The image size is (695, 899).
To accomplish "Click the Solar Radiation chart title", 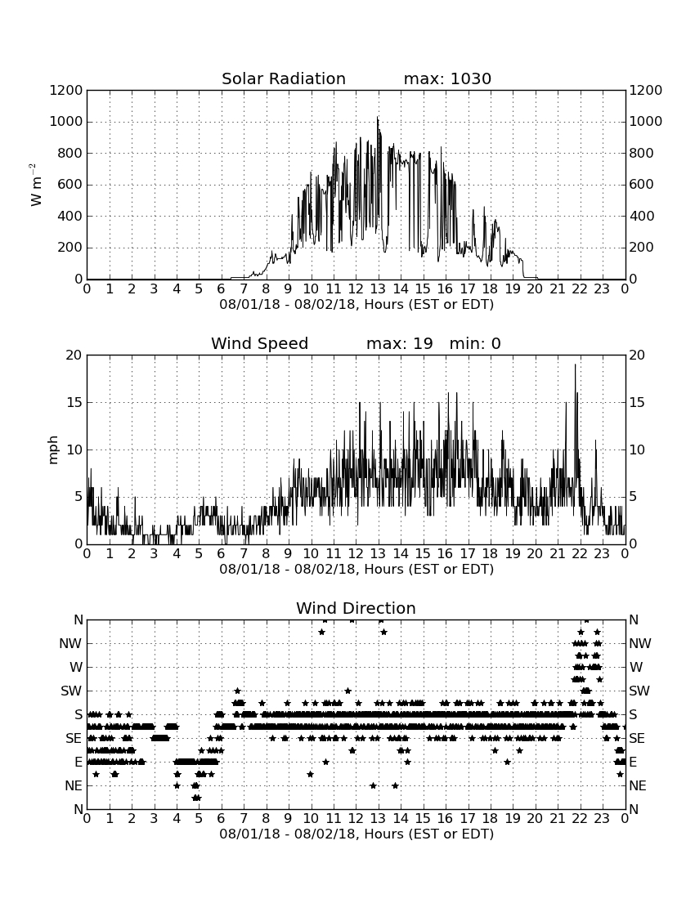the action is (x=283, y=78).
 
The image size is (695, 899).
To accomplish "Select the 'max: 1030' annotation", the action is (x=447, y=78).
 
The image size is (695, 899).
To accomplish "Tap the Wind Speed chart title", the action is (x=259, y=343).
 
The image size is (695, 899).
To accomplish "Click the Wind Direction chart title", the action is (x=356, y=608).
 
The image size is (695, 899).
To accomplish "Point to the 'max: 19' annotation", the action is (x=399, y=343).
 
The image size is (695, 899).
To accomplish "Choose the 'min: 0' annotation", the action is (x=475, y=343).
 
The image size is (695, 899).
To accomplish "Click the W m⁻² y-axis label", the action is (x=35, y=185).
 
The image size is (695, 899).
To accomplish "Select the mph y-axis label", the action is (x=53, y=450).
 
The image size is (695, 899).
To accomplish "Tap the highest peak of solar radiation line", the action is (x=377, y=117).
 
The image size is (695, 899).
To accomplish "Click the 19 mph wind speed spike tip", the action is (x=575, y=365).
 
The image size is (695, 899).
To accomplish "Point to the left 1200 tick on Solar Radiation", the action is (x=66, y=90).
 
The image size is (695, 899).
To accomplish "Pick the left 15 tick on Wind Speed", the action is (x=74, y=402).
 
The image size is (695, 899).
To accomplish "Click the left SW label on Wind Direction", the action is (x=71, y=691).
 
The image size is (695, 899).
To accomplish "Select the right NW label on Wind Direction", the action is (x=640, y=644).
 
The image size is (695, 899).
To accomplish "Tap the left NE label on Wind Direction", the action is (x=74, y=785).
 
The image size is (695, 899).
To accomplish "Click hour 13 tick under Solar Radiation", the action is (x=378, y=288).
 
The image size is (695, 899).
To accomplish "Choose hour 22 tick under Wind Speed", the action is (x=580, y=553).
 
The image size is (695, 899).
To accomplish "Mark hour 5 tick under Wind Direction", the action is (x=199, y=818).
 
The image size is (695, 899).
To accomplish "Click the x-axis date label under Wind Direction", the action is (x=356, y=834).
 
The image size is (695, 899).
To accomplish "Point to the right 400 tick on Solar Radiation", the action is (x=641, y=216).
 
